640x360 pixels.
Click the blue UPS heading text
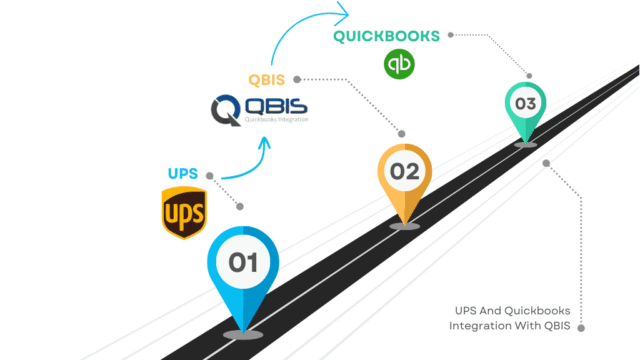[184, 172]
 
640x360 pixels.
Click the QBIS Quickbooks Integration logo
[261, 108]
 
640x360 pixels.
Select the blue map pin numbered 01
[243, 270]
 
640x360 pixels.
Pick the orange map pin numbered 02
[404, 176]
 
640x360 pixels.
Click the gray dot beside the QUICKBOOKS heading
[451, 35]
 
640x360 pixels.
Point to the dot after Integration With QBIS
[582, 326]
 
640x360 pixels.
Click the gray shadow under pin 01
[243, 331]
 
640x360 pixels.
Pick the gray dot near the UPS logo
[240, 207]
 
